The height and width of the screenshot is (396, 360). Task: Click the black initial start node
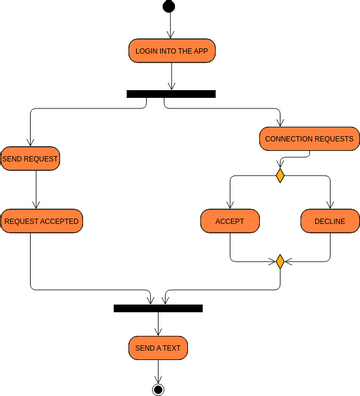pyautogui.click(x=168, y=9)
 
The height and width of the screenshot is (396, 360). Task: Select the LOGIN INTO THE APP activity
pyautogui.click(x=173, y=49)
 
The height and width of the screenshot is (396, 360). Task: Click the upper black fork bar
pyautogui.click(x=171, y=94)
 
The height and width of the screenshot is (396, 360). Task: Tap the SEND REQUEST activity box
pyautogui.click(x=31, y=158)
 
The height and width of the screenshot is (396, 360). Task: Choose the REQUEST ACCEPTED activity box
pyautogui.click(x=41, y=220)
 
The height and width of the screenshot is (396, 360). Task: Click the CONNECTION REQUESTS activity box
pyautogui.click(x=309, y=138)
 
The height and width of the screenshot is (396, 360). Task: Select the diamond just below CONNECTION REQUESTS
pyautogui.click(x=281, y=176)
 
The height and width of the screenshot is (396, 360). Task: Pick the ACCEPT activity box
pyautogui.click(x=231, y=220)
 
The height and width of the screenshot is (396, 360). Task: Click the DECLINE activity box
pyautogui.click(x=330, y=220)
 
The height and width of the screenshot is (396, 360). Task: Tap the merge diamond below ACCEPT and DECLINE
pyautogui.click(x=281, y=262)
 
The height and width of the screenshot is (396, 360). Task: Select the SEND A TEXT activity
pyautogui.click(x=158, y=348)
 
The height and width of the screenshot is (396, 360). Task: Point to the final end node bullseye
pyautogui.click(x=157, y=388)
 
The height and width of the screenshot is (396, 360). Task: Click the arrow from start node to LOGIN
pyautogui.click(x=168, y=27)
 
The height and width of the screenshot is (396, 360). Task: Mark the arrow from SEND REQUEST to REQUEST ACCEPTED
pyautogui.click(x=36, y=189)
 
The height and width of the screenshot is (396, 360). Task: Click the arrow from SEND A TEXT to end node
pyautogui.click(x=157, y=370)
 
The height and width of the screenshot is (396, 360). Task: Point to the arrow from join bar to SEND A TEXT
pyautogui.click(x=158, y=324)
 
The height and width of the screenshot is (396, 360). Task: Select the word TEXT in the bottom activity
pyautogui.click(x=171, y=348)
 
